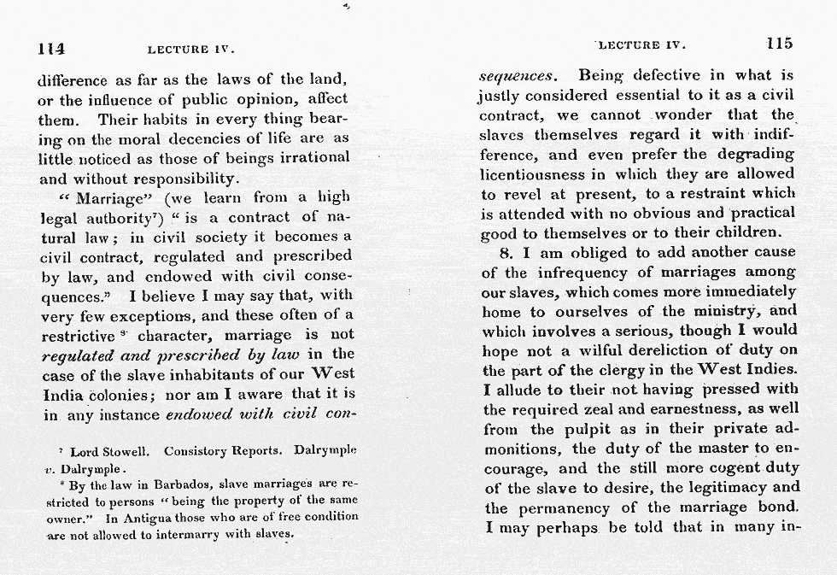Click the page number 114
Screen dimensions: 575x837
(x=52, y=48)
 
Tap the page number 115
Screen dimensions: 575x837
(x=779, y=44)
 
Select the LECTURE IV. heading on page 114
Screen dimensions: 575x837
(x=190, y=49)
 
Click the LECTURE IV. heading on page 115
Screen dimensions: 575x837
(x=641, y=44)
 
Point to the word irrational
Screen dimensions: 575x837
(x=310, y=157)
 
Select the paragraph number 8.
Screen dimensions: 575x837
(x=505, y=252)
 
